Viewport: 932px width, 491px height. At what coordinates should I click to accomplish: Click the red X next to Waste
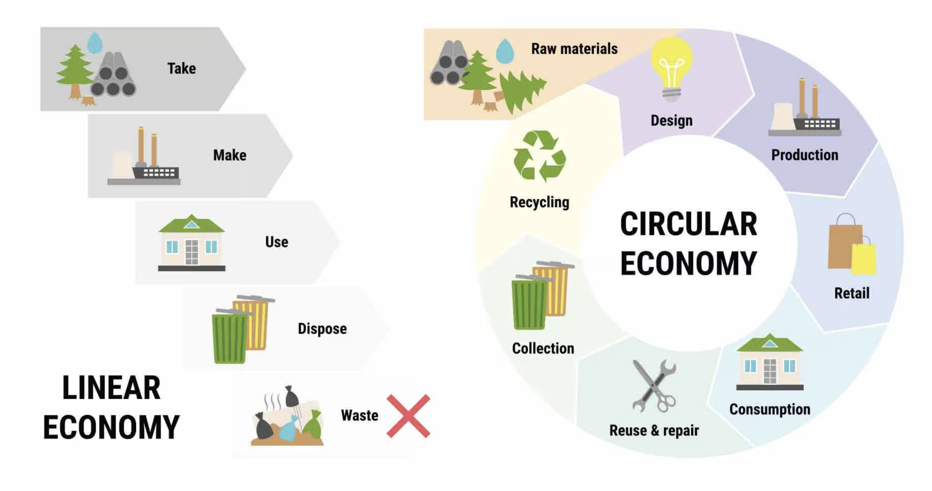409,416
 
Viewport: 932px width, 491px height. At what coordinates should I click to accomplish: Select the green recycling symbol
540,156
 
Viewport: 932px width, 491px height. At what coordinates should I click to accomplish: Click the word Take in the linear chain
182,69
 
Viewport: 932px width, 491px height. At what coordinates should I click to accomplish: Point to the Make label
230,155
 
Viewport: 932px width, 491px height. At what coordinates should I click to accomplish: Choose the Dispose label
322,329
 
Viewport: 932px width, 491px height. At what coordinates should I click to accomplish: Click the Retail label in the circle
852,293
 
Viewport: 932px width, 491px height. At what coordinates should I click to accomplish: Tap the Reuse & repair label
654,430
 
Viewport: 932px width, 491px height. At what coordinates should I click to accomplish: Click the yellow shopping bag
864,259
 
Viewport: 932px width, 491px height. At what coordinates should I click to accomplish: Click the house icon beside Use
192,243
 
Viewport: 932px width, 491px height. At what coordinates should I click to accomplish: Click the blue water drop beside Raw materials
505,51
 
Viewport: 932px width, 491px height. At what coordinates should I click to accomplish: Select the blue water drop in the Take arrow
95,43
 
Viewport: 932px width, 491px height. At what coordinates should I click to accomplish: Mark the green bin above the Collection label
529,303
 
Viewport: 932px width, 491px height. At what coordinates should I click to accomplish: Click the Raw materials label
574,49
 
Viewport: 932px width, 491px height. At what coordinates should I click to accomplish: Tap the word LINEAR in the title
112,388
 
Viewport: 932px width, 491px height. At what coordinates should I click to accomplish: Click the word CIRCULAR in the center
688,224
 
